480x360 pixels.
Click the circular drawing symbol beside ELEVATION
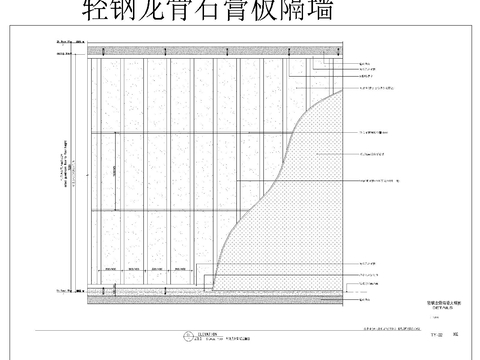pos(184,336)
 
